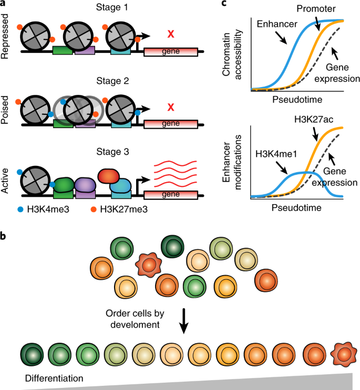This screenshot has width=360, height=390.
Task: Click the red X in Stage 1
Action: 170,35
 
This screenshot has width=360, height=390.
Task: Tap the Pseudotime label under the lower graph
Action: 297,207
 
